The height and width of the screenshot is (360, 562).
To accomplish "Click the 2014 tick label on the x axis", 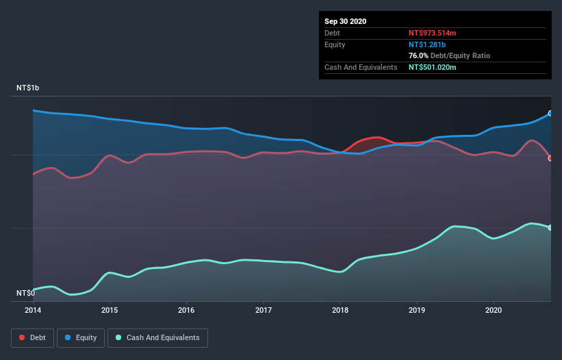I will pyautogui.click(x=33, y=310).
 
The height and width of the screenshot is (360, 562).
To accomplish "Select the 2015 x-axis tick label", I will pyautogui.click(x=110, y=310).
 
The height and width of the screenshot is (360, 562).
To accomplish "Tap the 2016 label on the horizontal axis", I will pyautogui.click(x=186, y=310).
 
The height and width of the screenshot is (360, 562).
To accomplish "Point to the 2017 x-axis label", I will pyautogui.click(x=263, y=310).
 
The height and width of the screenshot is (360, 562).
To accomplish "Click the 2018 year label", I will pyautogui.click(x=340, y=310).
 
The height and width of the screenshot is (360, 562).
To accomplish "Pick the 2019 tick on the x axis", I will pyautogui.click(x=416, y=310).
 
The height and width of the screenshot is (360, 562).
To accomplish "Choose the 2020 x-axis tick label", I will pyautogui.click(x=493, y=310).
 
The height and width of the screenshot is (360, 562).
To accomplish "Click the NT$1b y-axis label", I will pyautogui.click(x=28, y=88).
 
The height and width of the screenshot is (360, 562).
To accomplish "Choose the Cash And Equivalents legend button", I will pyautogui.click(x=157, y=337).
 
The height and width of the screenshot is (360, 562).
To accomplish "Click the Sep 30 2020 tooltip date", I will pyautogui.click(x=345, y=21).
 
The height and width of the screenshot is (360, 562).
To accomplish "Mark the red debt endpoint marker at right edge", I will pyautogui.click(x=550, y=158).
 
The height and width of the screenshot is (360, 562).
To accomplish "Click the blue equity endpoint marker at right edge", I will pyautogui.click(x=550, y=114).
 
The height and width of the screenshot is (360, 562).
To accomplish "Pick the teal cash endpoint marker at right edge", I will pyautogui.click(x=550, y=227).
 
